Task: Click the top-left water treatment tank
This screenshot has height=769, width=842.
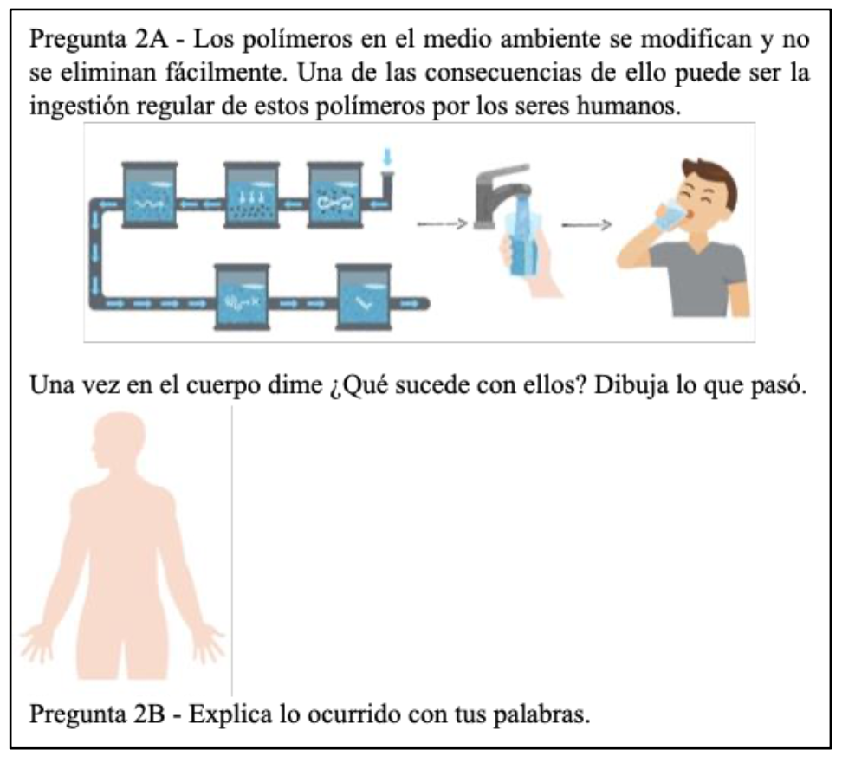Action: tap(150, 196)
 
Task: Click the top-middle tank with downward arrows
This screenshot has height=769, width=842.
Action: tap(250, 196)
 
